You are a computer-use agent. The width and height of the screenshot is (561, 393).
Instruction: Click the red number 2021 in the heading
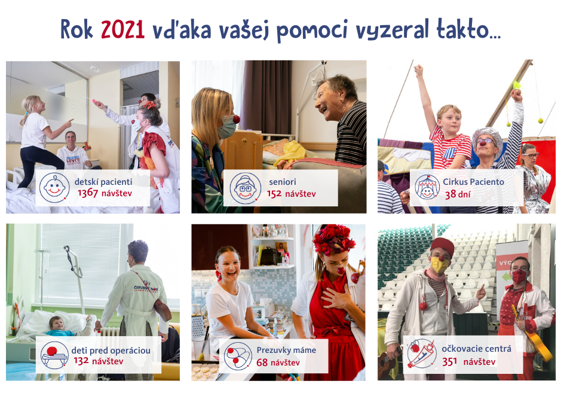pos(122,29)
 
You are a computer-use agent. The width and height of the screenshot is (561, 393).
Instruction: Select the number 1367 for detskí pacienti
pos(88,193)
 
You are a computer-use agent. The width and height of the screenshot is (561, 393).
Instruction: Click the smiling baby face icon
pos(54,187)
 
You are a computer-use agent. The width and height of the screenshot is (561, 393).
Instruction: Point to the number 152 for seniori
pos(274,194)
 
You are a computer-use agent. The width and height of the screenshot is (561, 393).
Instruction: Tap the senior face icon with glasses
pos(245,188)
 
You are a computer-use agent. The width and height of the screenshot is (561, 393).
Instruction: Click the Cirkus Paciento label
pos(473,182)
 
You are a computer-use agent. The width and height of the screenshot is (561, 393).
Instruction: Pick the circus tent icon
pos(427,187)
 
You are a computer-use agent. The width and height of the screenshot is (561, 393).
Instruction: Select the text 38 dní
pos(458,194)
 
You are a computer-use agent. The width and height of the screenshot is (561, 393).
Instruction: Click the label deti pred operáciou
pos(111,351)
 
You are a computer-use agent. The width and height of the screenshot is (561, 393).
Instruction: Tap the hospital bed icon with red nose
pos(54,355)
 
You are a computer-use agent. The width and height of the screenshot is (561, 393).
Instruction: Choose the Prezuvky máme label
pos(286,350)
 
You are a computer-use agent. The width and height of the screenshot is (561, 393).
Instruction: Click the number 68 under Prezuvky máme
pos(262,362)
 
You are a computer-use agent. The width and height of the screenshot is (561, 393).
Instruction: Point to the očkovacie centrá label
pos(476,349)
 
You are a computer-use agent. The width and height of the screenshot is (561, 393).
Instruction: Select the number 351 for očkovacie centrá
pos(449,362)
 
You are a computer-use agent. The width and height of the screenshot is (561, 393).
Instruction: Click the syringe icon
pos(422,354)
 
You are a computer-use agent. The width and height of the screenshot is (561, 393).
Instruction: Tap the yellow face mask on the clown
pos(439,265)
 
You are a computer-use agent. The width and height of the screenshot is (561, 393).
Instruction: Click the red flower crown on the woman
pos(333,239)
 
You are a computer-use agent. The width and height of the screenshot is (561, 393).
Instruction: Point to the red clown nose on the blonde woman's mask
pos(236,119)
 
